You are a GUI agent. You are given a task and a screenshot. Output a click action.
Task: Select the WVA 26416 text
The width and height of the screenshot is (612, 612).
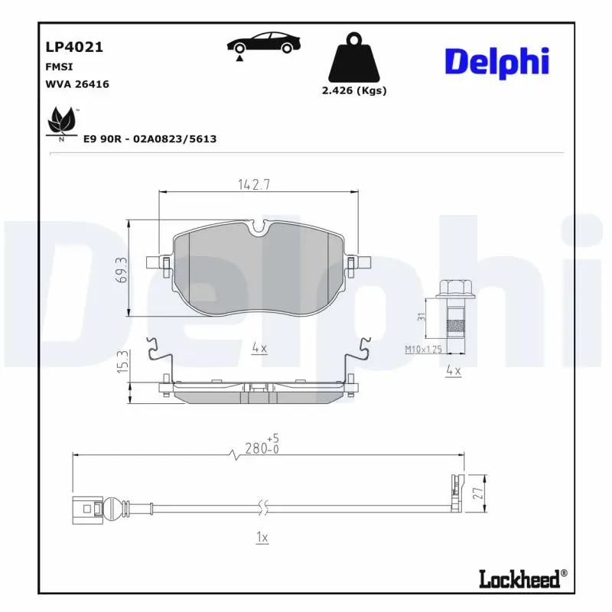tap(77, 84)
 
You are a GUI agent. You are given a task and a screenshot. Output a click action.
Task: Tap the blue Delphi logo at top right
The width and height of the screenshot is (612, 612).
tap(496, 61)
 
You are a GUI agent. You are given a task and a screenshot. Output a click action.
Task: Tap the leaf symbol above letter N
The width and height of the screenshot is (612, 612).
tap(60, 120)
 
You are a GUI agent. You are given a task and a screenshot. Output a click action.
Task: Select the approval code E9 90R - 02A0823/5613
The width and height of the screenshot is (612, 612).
tap(149, 138)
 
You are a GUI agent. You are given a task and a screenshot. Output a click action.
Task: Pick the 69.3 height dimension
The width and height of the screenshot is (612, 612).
tap(121, 269)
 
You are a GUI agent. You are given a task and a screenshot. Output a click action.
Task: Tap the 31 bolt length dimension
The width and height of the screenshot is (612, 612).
tap(422, 317)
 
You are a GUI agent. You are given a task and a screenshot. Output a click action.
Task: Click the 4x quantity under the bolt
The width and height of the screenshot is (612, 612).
tap(453, 371)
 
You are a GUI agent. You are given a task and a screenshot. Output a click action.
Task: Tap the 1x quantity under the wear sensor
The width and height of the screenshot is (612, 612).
tap(261, 538)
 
